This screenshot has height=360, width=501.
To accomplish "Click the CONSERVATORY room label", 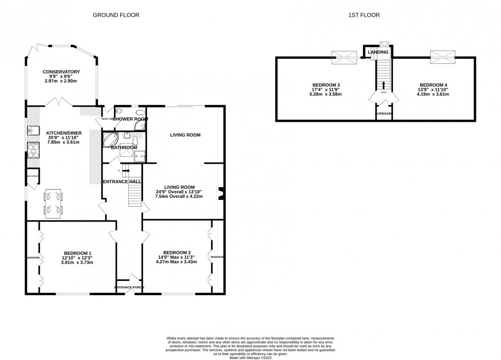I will (x=61, y=72).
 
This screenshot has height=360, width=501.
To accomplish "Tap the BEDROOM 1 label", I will (x=77, y=253).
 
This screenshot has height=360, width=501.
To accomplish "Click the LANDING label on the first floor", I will (x=378, y=52).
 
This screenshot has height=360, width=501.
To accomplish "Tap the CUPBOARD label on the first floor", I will (x=384, y=113).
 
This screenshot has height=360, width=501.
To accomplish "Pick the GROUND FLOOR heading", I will (x=116, y=15).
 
